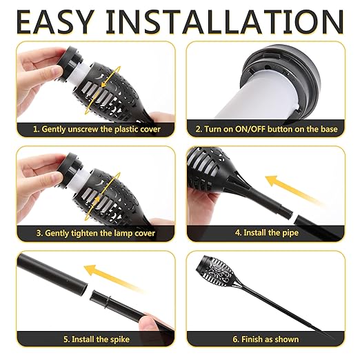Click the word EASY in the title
tap(55, 22)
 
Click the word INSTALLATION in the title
tap(225, 22)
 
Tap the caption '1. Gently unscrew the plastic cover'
tap(97, 129)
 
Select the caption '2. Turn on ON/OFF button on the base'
tap(266, 129)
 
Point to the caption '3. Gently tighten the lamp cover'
tap(96, 233)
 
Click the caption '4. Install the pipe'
tap(267, 232)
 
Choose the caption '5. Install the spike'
tap(97, 339)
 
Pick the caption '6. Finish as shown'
tap(266, 339)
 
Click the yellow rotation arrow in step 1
tap(102, 90)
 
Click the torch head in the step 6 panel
tap(215, 271)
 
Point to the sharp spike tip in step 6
tap(334, 338)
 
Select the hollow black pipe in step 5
tap(52, 274)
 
